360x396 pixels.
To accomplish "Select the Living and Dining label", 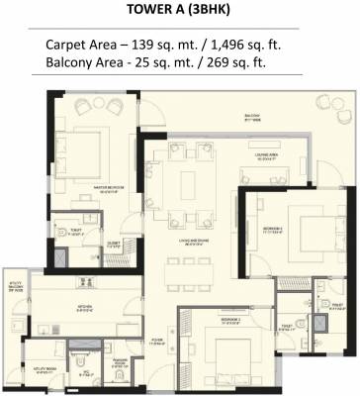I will click(189, 237).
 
